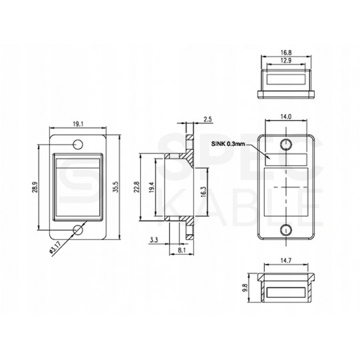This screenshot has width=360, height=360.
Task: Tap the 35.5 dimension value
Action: (x=115, y=189)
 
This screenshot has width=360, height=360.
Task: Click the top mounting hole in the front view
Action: (x=79, y=143)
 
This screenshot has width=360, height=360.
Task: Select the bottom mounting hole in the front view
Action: (x=79, y=230)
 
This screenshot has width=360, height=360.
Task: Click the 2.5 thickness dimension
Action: (x=207, y=120)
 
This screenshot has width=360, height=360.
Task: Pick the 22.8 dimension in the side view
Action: (x=137, y=188)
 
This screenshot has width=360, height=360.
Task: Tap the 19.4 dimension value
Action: (x=152, y=189)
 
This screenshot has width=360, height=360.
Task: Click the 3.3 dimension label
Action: (x=154, y=238)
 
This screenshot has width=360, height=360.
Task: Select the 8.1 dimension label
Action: (x=181, y=251)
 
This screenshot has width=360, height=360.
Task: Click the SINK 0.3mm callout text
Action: (x=226, y=144)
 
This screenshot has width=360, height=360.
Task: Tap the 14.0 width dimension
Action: (x=286, y=116)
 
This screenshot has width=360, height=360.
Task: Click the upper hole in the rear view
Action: (x=286, y=145)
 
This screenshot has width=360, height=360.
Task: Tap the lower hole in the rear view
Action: (x=286, y=231)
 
